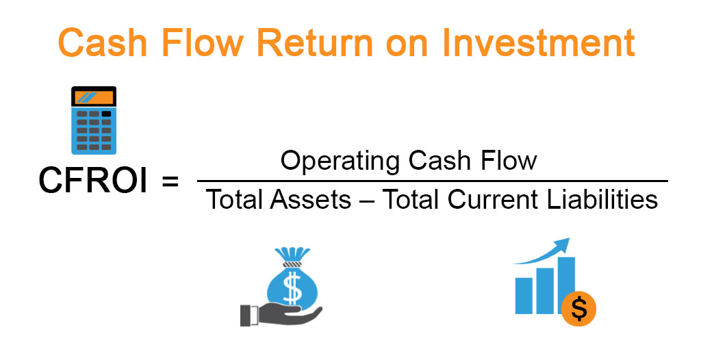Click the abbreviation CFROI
coord(92,181)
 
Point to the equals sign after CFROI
coord(168,182)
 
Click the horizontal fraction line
coord(431,181)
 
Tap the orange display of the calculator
coord(93,98)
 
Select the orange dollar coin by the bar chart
coord(579,309)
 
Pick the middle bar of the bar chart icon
coord(545,287)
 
